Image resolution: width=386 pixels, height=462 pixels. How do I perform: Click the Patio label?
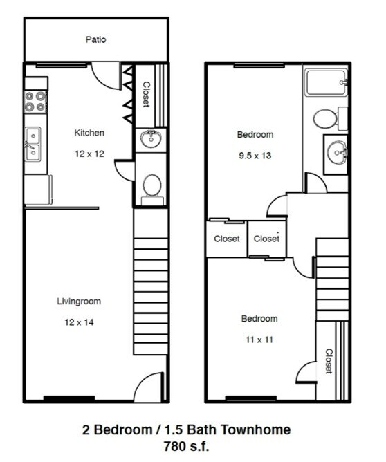point(96,40)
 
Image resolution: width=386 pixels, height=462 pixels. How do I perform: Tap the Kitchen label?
point(89,133)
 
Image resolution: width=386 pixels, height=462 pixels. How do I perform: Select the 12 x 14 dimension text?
point(79,322)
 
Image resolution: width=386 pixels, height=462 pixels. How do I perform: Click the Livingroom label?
point(79,302)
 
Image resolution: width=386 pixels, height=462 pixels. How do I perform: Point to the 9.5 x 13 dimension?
point(255,156)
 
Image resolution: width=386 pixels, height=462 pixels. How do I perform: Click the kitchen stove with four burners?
point(36,102)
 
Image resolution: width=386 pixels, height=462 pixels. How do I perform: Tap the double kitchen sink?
point(33,144)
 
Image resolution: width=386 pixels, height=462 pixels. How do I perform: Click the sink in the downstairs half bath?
point(151,139)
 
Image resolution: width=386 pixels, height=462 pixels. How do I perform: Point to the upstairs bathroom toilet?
point(325,118)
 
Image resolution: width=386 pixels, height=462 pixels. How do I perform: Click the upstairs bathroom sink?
point(337,149)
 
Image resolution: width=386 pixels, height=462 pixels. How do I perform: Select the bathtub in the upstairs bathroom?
point(325,82)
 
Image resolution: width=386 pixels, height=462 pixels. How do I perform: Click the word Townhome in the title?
point(258,429)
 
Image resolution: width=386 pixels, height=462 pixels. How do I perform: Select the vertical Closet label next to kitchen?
point(147,95)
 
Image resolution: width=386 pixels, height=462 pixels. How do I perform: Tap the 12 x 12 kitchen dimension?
point(89,154)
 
